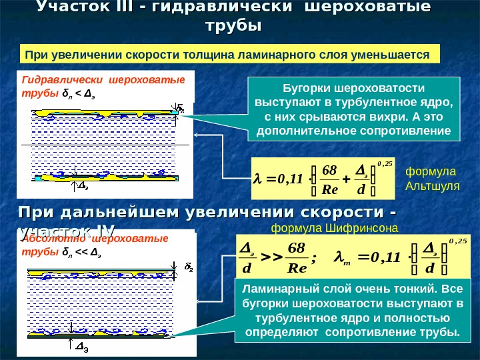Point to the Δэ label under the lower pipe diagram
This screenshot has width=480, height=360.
pyautogui.click(x=84, y=347)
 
